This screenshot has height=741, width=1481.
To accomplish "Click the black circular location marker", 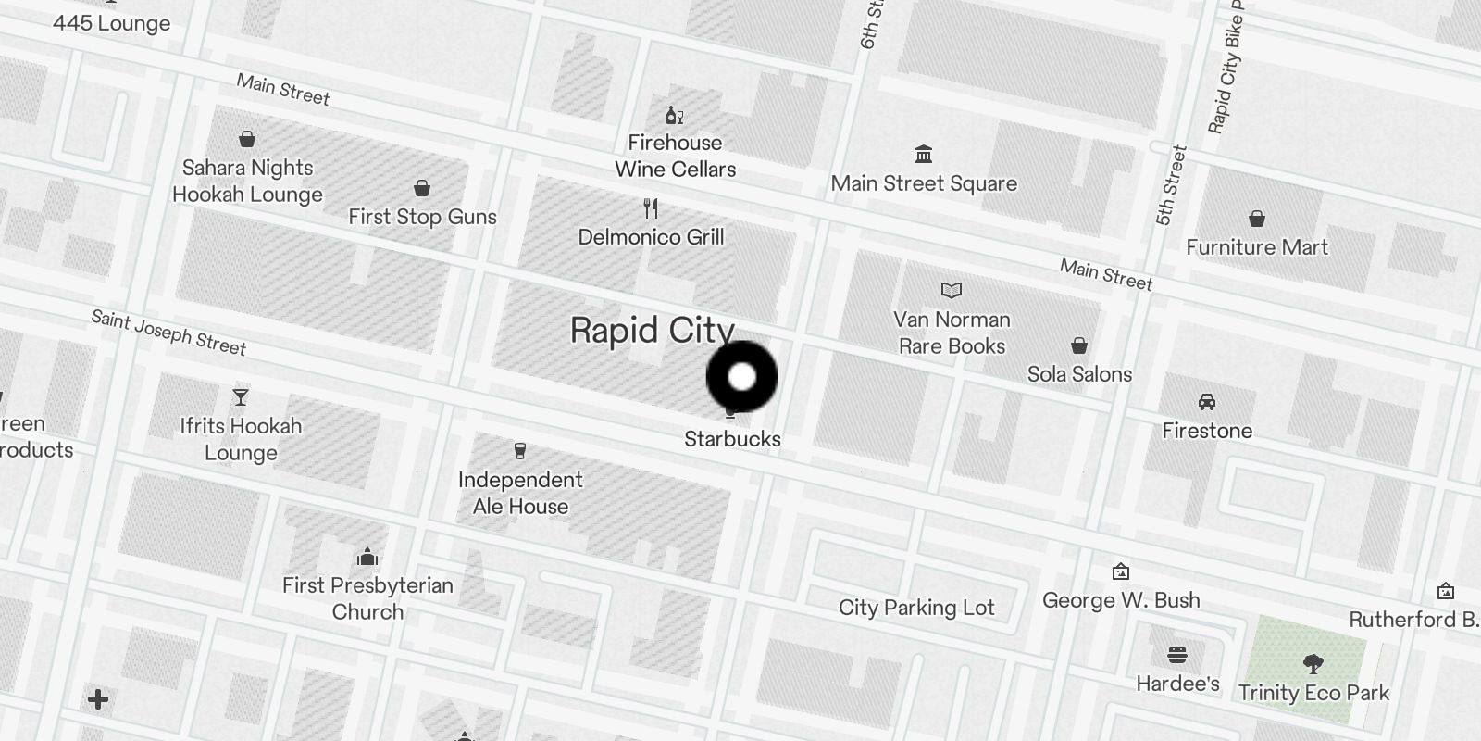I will click(x=741, y=377).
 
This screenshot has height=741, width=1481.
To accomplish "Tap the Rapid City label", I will click(x=652, y=331).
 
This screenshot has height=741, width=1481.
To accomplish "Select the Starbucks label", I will click(x=732, y=439).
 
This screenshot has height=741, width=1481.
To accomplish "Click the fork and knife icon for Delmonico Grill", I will click(x=651, y=208).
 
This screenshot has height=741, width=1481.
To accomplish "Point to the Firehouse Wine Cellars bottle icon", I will click(x=675, y=115).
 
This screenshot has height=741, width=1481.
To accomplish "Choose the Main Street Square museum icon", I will click(x=923, y=154).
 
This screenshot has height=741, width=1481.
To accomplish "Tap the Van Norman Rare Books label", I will click(x=952, y=333).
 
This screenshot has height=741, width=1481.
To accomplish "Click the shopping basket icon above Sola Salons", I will click(x=1079, y=346).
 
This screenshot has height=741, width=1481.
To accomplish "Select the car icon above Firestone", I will click(x=1207, y=402).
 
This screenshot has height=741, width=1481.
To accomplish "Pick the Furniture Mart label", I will click(x=1257, y=247).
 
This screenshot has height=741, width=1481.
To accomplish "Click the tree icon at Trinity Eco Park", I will click(x=1313, y=663).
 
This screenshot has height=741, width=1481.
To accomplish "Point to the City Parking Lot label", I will click(x=916, y=608).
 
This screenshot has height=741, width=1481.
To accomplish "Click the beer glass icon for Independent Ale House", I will click(x=520, y=451).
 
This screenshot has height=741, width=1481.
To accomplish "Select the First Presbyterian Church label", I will click(x=367, y=598).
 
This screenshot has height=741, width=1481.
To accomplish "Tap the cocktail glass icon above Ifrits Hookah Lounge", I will click(x=241, y=397).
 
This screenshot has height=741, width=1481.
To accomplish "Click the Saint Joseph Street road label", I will click(x=168, y=333).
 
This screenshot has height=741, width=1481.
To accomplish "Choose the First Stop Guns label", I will click(x=422, y=217).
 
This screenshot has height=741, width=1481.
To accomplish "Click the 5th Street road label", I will click(x=1171, y=185).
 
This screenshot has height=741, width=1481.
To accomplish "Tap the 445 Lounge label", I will click(x=111, y=23).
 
